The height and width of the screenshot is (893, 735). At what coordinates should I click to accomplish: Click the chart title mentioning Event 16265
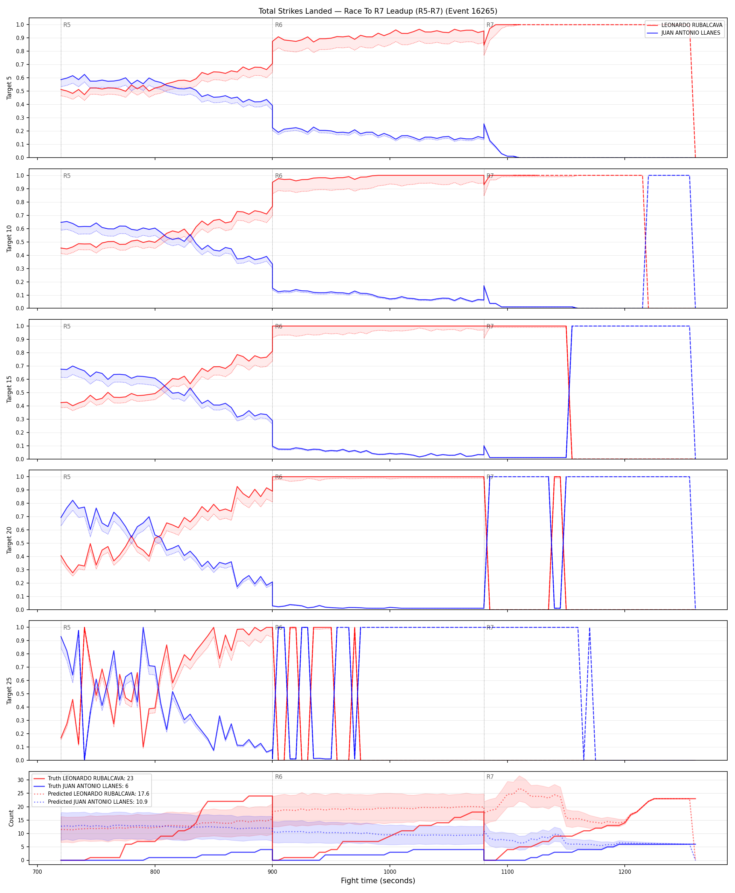(x=378, y=11)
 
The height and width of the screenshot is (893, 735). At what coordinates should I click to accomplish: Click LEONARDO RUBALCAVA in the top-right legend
(x=692, y=25)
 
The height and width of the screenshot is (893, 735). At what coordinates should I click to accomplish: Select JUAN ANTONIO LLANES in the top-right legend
(x=691, y=33)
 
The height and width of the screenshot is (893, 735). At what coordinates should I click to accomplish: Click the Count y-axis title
(x=11, y=818)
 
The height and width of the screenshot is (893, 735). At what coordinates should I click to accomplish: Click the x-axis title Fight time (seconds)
(x=378, y=880)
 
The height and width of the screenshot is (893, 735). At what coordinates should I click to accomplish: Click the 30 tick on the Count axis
(x=20, y=780)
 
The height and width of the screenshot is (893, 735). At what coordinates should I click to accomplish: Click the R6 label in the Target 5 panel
(x=279, y=25)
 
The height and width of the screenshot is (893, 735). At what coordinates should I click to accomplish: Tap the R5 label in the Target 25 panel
(x=67, y=628)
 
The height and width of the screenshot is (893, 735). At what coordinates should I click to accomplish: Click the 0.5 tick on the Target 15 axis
(x=20, y=393)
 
